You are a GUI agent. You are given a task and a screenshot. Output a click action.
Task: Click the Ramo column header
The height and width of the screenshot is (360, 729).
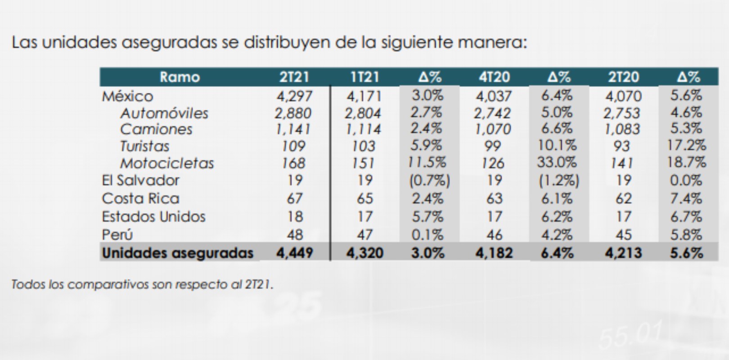180,77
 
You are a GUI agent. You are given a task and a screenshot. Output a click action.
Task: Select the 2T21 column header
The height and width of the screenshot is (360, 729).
294,77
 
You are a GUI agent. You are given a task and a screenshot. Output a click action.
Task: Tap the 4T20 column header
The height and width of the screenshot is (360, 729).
494,77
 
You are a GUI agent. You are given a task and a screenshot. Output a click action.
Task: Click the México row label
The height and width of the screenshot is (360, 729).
127,96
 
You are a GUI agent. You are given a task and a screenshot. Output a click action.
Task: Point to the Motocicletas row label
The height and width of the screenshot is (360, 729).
167,163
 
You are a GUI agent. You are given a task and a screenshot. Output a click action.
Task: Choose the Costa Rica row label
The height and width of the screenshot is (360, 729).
140,198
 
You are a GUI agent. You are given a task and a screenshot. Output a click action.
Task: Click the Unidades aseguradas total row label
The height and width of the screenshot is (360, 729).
178,253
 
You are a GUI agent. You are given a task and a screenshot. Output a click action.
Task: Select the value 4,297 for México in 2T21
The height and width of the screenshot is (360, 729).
294,96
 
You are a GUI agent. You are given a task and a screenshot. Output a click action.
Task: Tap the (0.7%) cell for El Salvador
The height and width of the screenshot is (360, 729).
429,180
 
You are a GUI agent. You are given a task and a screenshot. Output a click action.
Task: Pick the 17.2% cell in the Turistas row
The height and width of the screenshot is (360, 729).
686,145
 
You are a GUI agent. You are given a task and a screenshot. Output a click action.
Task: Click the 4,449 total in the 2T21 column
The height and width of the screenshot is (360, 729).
295,253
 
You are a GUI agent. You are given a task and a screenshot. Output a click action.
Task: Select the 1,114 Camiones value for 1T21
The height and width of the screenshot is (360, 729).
363,130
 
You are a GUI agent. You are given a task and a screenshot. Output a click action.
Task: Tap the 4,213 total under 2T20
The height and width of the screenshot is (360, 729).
623,253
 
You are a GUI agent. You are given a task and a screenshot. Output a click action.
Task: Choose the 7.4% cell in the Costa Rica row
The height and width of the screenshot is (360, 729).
686,198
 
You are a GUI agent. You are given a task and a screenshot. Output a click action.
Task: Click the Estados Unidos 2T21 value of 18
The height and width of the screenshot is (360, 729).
295,216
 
